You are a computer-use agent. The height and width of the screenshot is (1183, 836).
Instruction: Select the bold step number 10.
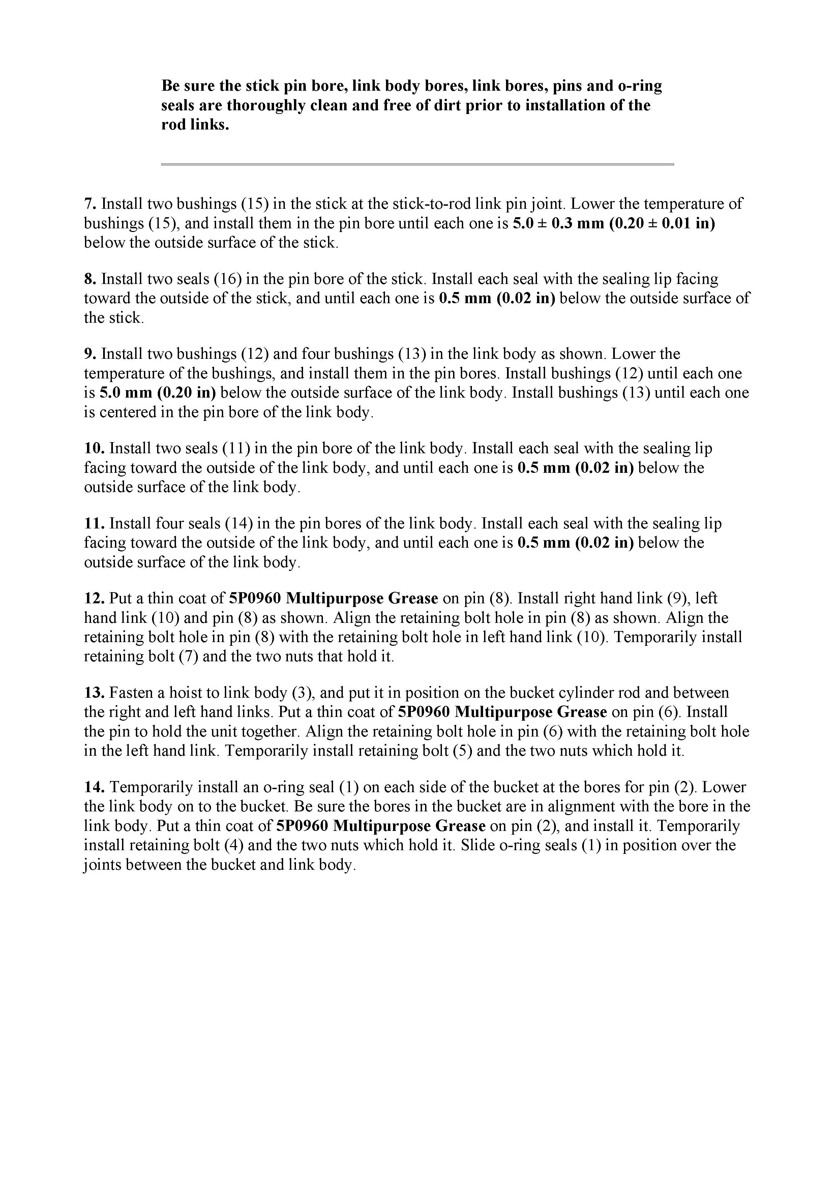pyautogui.click(x=95, y=448)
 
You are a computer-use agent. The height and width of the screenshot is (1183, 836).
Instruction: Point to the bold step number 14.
pyautogui.click(x=95, y=787)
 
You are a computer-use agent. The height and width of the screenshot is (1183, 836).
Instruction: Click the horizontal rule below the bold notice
pyautogui.click(x=417, y=164)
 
